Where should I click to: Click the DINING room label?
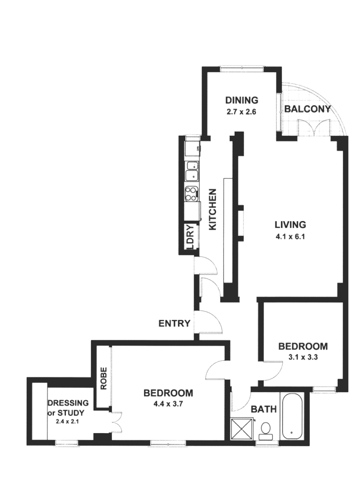tap(242, 100)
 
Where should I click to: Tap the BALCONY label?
tap(307, 109)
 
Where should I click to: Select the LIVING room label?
tap(290, 224)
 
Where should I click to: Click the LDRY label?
tap(189, 237)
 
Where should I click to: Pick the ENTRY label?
tap(174, 324)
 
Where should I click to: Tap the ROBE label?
tap(103, 378)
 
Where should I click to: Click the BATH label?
tap(263, 409)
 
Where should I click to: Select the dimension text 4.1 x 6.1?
tap(290, 236)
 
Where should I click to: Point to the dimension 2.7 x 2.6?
tap(242, 112)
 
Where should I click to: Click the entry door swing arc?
tap(210, 323)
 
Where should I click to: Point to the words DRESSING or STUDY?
tap(68, 407)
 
